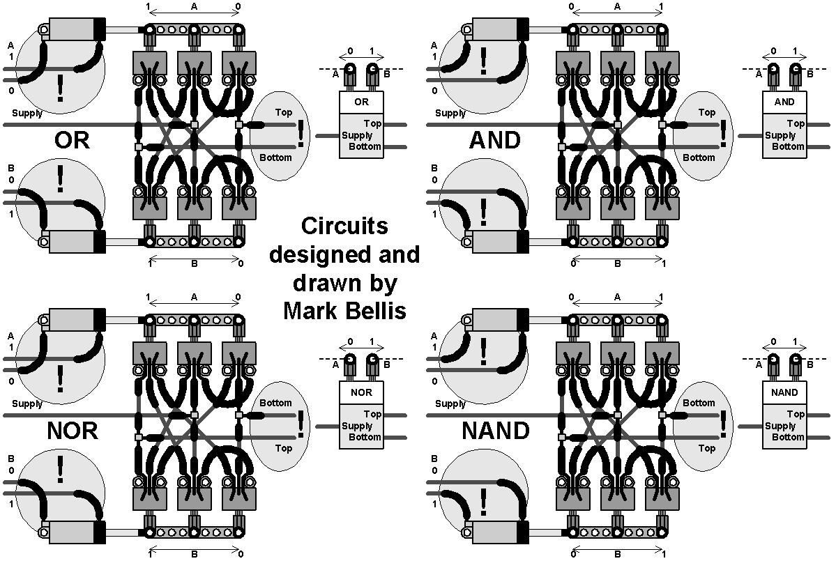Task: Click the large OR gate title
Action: (x=72, y=140)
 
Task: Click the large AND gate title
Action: (x=495, y=140)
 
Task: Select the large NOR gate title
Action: (x=73, y=431)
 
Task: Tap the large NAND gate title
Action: (x=496, y=431)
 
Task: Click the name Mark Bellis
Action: (x=344, y=310)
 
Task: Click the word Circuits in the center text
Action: (x=344, y=226)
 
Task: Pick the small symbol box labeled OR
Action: (x=361, y=102)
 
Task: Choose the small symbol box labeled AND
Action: (x=784, y=102)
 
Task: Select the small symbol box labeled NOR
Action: (x=361, y=392)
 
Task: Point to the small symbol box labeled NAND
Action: (x=784, y=392)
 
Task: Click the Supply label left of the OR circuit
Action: (x=27, y=113)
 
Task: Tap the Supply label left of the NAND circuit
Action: (x=450, y=404)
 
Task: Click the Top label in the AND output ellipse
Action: (x=706, y=112)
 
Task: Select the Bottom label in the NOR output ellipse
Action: (x=275, y=403)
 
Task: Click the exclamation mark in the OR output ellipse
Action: (x=301, y=133)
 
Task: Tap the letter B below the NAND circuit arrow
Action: (x=617, y=555)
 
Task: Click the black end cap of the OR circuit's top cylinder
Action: (x=100, y=29)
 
